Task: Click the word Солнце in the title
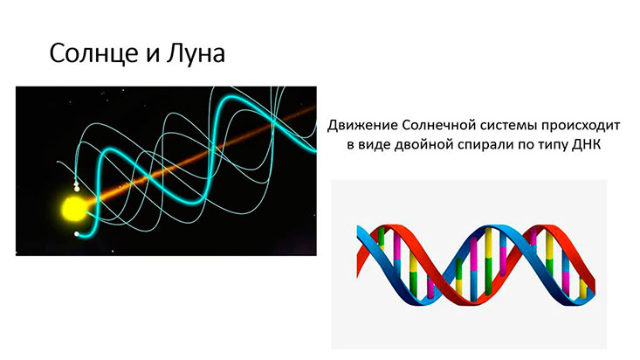coord(92,53)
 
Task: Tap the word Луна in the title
coord(196,53)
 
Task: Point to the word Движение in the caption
coord(362,125)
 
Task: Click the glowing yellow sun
coord(73,208)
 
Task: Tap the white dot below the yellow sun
coord(76,233)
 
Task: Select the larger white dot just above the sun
coord(76,189)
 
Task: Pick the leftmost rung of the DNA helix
coord(381,239)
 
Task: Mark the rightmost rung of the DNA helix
coord(583,287)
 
